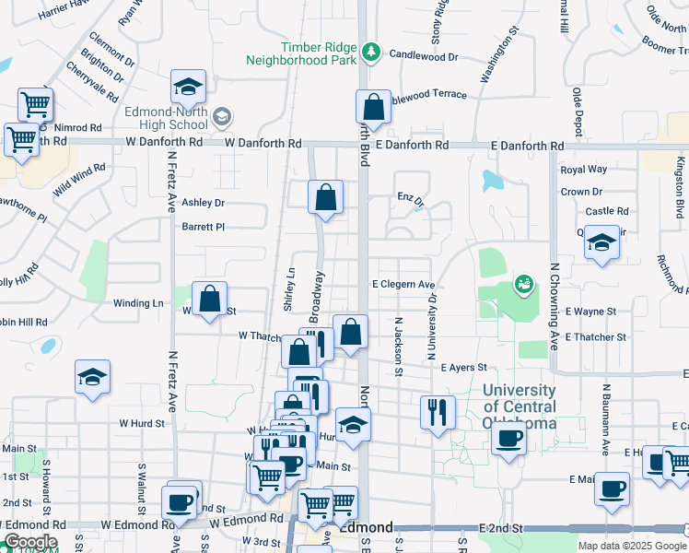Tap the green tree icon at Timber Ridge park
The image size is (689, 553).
tap(370, 51)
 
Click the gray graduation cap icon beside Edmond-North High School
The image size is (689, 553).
tap(221, 118)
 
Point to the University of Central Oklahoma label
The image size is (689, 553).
tap(520, 406)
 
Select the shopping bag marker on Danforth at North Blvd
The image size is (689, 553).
tap(373, 106)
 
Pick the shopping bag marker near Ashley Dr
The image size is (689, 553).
tap(325, 196)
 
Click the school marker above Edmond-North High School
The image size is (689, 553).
tap(188, 87)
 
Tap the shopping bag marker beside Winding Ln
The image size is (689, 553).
tap(210, 298)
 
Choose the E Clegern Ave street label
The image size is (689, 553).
tap(403, 286)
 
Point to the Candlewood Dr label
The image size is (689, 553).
tap(424, 55)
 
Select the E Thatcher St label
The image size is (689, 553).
tap(596, 337)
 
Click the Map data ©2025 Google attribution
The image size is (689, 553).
tap(631, 546)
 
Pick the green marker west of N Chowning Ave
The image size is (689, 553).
tap(523, 284)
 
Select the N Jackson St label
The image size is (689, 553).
tap(399, 347)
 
